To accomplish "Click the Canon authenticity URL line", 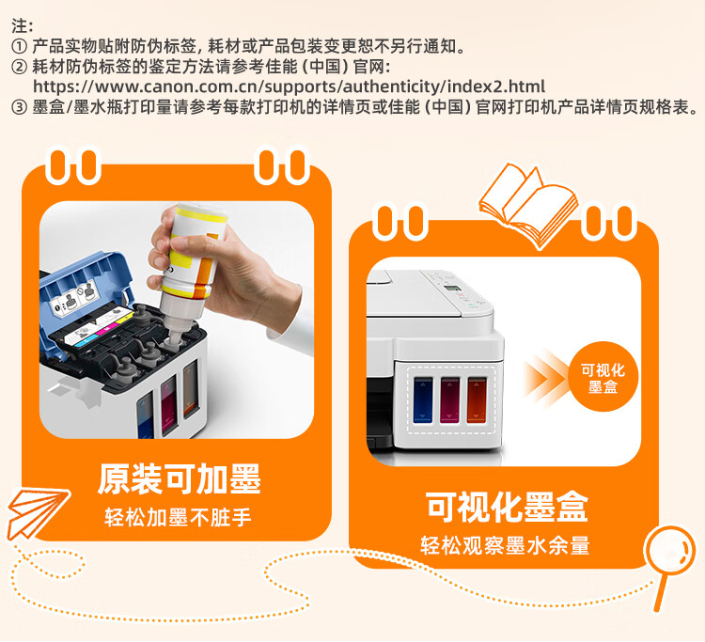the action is point(290,86).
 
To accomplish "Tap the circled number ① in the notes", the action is point(19,46).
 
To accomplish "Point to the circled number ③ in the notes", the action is point(19,107).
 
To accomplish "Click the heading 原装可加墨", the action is point(179,479).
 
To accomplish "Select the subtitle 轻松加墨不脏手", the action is point(178,517).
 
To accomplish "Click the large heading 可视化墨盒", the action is point(507,508).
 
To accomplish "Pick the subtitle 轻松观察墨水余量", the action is point(506,545).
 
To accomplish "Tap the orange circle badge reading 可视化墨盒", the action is point(603,377).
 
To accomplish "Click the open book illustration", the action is point(528,206).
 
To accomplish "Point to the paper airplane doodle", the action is point(39,512).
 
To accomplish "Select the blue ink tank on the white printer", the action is point(423,400).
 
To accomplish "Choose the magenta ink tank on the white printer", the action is point(449,400).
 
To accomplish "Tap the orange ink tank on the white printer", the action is point(477,400).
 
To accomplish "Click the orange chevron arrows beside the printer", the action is point(546,378).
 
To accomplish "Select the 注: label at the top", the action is point(22,26).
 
